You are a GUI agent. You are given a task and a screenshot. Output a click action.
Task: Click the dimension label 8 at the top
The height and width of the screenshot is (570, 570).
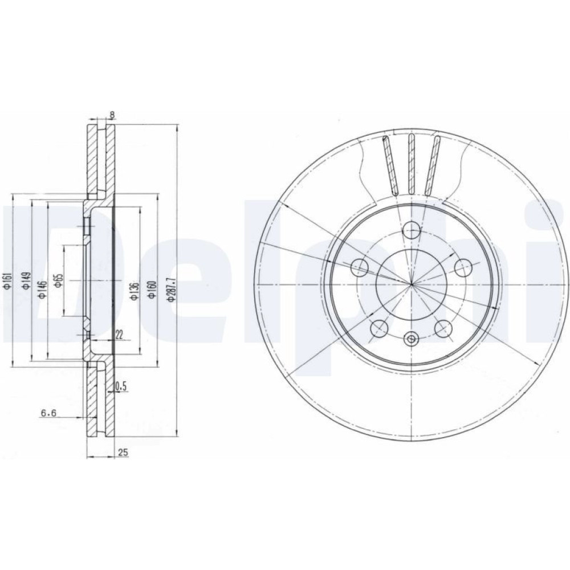[112, 115]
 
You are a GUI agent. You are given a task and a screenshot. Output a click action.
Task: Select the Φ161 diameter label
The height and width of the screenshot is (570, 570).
[7, 282]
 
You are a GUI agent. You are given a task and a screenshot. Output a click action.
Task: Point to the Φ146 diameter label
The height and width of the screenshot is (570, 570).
[43, 290]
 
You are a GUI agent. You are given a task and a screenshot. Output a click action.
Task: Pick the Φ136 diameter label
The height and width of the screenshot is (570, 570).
[135, 291]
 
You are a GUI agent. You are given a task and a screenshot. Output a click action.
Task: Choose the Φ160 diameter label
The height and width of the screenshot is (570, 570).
[152, 290]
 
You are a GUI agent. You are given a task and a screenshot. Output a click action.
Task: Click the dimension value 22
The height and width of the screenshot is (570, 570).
[119, 335]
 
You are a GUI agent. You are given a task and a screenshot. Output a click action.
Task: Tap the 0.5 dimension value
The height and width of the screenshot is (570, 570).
[121, 387]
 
